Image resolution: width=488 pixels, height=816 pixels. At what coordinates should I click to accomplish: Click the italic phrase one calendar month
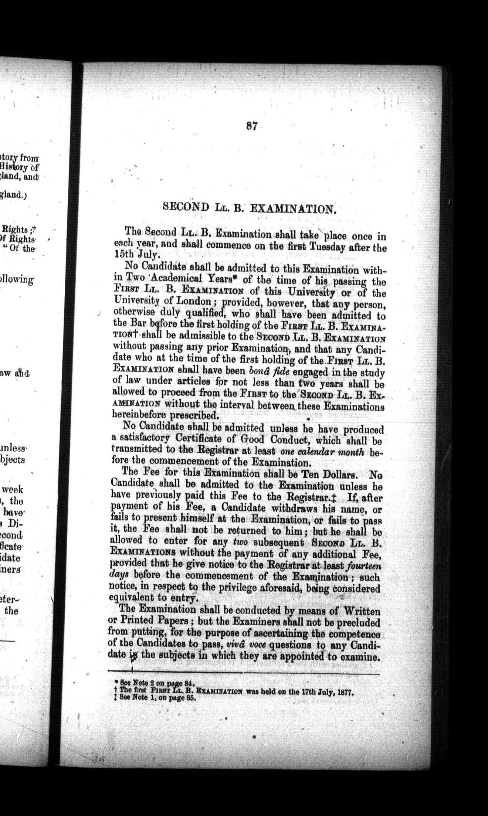[x=323, y=451]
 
